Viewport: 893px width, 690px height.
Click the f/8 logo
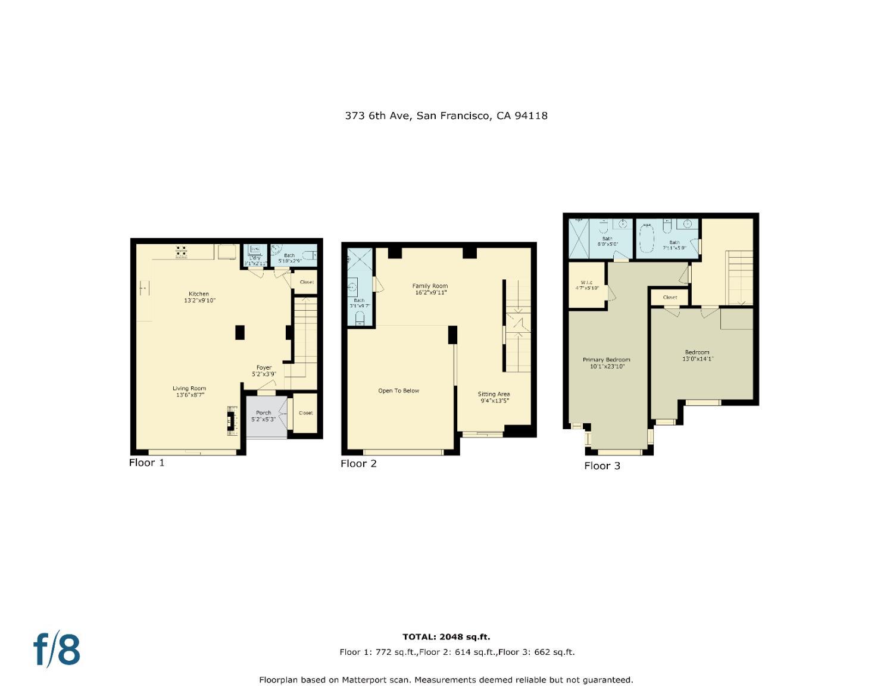pos(57,649)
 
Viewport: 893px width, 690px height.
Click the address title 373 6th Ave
pos(446,115)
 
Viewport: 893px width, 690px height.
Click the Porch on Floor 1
pos(264,416)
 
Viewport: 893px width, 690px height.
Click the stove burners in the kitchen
pos(182,252)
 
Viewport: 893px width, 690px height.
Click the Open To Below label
pos(398,391)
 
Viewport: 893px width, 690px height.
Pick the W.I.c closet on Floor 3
pos(586,285)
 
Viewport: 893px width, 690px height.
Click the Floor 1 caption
pos(146,463)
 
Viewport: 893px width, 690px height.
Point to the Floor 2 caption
pos(358,463)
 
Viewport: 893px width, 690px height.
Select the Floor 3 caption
pos(602,466)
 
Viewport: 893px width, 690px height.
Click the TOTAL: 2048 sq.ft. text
pos(446,636)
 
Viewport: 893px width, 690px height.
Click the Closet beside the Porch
pos(305,413)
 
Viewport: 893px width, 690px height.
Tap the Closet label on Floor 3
pos(670,297)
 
